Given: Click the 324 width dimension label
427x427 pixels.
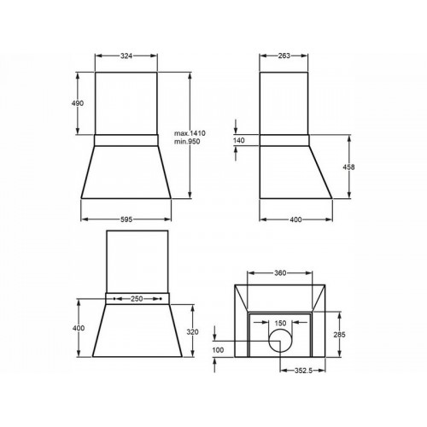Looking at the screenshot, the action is coord(126,56).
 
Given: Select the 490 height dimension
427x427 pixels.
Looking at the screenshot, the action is coord(78,103).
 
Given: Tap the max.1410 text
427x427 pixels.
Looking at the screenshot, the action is coord(190,133).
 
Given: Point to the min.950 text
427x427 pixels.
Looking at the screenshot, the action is coord(187,142).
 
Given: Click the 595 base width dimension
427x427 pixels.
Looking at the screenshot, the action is coord(126,219).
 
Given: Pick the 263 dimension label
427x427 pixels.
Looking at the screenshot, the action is coord(284,56).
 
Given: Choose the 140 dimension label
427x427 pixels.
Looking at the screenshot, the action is coord(239,140).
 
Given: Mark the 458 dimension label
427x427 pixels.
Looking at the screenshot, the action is coord(348,167).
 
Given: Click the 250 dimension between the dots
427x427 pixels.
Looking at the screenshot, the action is coord(137,299).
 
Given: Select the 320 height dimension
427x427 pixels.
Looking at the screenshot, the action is coord(192,332).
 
